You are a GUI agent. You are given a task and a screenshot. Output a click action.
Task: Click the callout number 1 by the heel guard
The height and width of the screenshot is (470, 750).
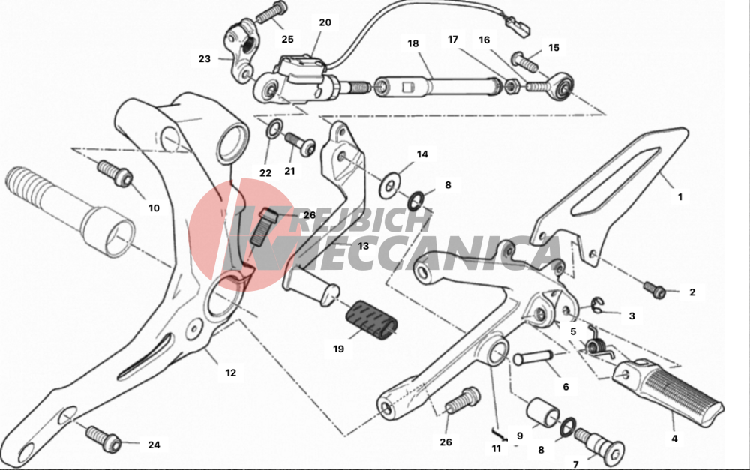(x=679, y=196)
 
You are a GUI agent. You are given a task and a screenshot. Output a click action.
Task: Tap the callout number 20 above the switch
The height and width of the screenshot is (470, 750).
(x=325, y=22)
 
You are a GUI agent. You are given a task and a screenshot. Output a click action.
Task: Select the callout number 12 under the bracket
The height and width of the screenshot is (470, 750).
(x=230, y=373)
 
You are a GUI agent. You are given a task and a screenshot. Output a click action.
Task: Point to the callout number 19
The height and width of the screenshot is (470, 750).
(x=338, y=349)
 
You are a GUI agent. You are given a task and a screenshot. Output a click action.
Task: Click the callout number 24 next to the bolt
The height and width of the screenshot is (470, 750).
(x=154, y=445)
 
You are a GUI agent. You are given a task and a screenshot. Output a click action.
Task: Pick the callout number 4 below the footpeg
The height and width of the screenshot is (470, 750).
(x=674, y=438)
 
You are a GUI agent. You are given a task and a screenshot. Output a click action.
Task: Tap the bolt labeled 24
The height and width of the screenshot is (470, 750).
(x=103, y=439)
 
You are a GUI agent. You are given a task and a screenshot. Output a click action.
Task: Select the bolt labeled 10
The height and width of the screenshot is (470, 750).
(x=115, y=173)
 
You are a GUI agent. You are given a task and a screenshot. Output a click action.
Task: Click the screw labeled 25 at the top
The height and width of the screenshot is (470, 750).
(x=271, y=13)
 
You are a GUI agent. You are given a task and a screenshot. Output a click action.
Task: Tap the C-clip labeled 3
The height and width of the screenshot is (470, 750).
(x=597, y=305)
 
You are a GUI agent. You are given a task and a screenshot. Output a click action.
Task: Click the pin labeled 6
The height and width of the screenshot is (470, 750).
(x=533, y=357)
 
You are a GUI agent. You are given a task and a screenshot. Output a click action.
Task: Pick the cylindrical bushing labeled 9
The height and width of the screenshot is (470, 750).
(x=543, y=412)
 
